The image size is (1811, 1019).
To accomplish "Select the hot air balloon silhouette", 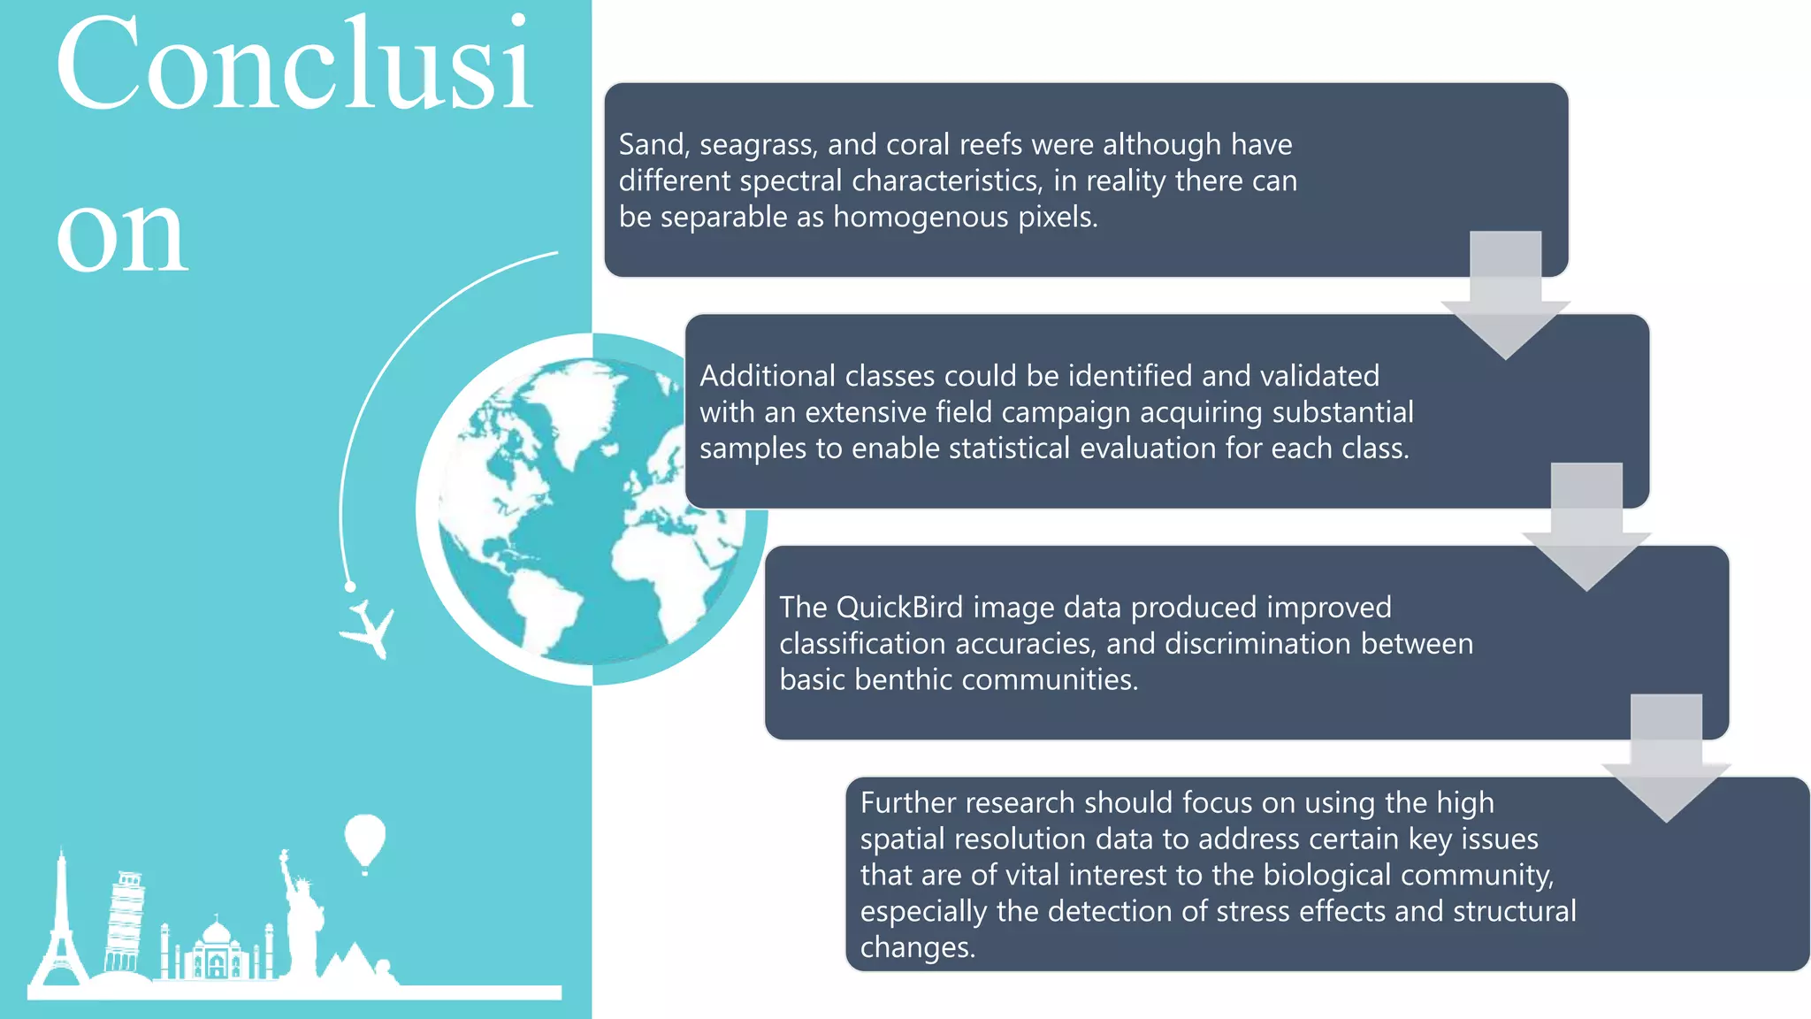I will [364, 839].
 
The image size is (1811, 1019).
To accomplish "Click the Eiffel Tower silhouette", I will [60, 929].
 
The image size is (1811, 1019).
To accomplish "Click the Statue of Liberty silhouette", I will [301, 920].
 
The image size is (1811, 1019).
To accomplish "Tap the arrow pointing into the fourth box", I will [1666, 761].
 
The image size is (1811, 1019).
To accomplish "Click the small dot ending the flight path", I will [350, 586].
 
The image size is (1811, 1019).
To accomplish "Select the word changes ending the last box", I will [916, 947].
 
